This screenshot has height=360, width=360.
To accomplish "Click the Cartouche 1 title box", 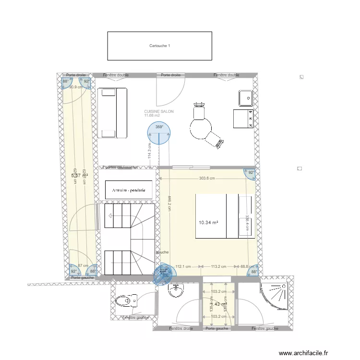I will click(x=159, y=46).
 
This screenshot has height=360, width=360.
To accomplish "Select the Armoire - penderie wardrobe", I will click(x=129, y=190).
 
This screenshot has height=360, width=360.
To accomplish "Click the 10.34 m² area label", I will click(x=209, y=223).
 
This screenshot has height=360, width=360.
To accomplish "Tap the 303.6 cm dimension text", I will click(x=206, y=178).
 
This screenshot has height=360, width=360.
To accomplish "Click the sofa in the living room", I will click(x=113, y=113).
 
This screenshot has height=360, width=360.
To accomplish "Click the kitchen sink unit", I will click(x=246, y=98).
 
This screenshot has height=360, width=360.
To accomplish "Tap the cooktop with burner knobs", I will click(x=243, y=119).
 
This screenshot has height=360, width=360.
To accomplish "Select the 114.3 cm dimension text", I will click(x=149, y=152).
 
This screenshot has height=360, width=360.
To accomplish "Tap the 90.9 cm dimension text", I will click(x=76, y=87).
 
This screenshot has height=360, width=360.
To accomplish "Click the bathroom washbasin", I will click(x=176, y=290).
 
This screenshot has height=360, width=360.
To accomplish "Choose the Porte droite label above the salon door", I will click(x=171, y=75).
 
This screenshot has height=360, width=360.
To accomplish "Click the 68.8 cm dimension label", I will click(x=247, y=267).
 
